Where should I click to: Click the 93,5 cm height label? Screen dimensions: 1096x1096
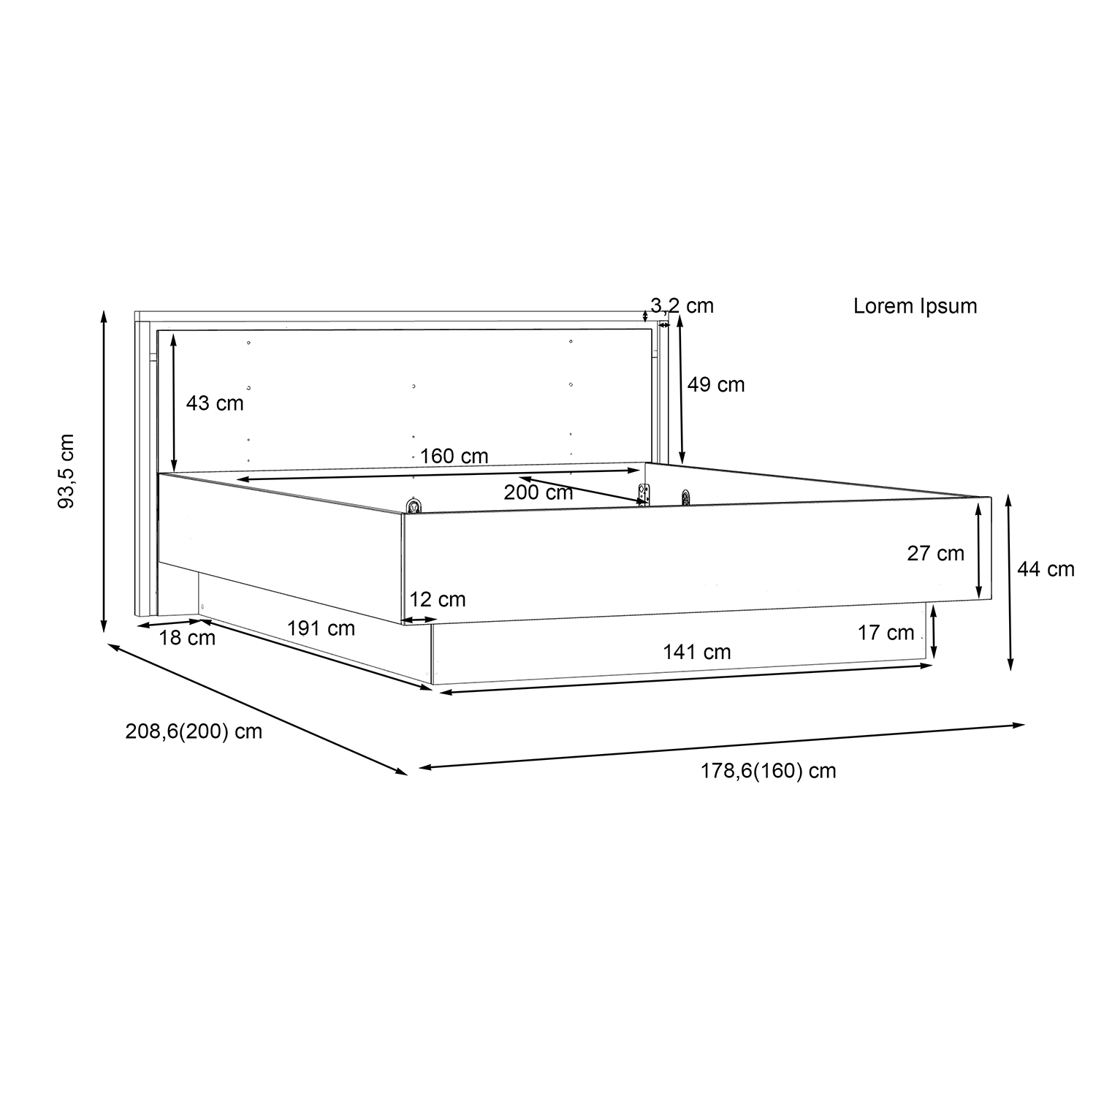(x=66, y=471)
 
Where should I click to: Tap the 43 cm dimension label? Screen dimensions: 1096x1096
(x=215, y=403)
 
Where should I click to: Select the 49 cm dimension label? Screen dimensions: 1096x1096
(x=716, y=384)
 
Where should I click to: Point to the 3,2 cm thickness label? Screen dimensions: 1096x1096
(x=682, y=305)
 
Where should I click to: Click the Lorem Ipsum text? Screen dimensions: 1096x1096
(x=915, y=305)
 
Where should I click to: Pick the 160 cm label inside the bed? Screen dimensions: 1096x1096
(x=454, y=456)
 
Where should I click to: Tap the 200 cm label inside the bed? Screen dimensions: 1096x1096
(x=539, y=492)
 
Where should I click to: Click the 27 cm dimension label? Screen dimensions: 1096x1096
(x=936, y=553)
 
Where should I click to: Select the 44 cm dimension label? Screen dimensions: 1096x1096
(x=1046, y=569)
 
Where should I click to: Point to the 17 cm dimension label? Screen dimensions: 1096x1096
(x=886, y=633)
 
